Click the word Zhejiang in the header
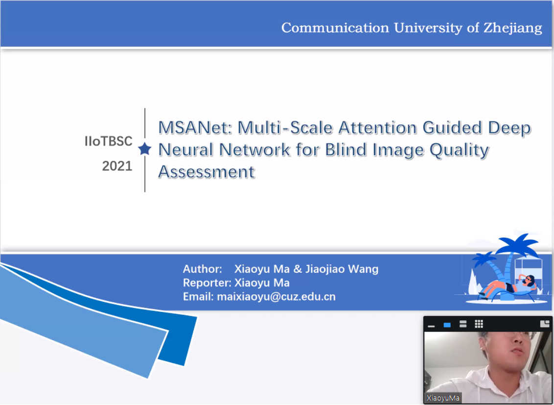click(x=513, y=28)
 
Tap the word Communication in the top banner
click(x=335, y=27)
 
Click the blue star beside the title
click(x=144, y=149)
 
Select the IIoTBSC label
click(x=109, y=142)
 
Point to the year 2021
click(x=117, y=166)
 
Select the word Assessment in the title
click(x=207, y=172)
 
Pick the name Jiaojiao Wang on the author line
click(x=342, y=269)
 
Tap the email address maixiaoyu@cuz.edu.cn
click(x=277, y=296)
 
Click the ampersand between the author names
click(x=298, y=269)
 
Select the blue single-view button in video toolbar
click(x=447, y=325)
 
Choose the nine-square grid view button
click(x=479, y=324)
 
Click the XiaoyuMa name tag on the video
click(x=443, y=398)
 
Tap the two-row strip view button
click(x=463, y=324)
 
